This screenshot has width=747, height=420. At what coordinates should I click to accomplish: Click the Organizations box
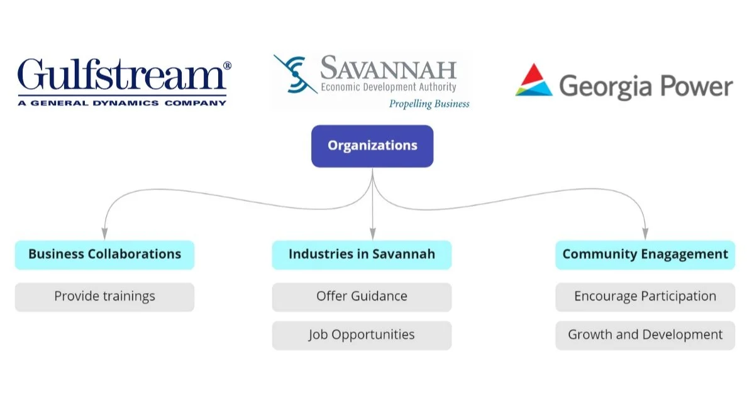pos(372,146)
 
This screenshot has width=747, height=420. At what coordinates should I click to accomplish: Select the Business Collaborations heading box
pos(104,255)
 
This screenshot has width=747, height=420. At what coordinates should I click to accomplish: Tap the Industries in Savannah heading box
pos(362,255)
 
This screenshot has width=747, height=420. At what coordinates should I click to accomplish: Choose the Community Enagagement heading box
pos(645,255)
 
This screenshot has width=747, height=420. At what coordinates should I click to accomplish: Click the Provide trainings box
pos(104,297)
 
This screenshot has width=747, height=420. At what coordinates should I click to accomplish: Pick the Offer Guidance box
pos(362,297)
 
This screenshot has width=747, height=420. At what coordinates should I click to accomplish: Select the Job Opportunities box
pos(362,335)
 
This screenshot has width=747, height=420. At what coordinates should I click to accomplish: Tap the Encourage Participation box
pos(645,297)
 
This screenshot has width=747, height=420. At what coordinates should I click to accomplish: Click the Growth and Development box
pos(645,335)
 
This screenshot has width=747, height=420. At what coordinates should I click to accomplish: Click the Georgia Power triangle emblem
pos(534,80)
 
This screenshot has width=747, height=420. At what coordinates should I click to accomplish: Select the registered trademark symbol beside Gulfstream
pos(227,65)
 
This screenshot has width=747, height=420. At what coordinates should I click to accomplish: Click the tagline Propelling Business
pos(429,104)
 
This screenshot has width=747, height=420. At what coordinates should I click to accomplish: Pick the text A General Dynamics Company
pos(122,102)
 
